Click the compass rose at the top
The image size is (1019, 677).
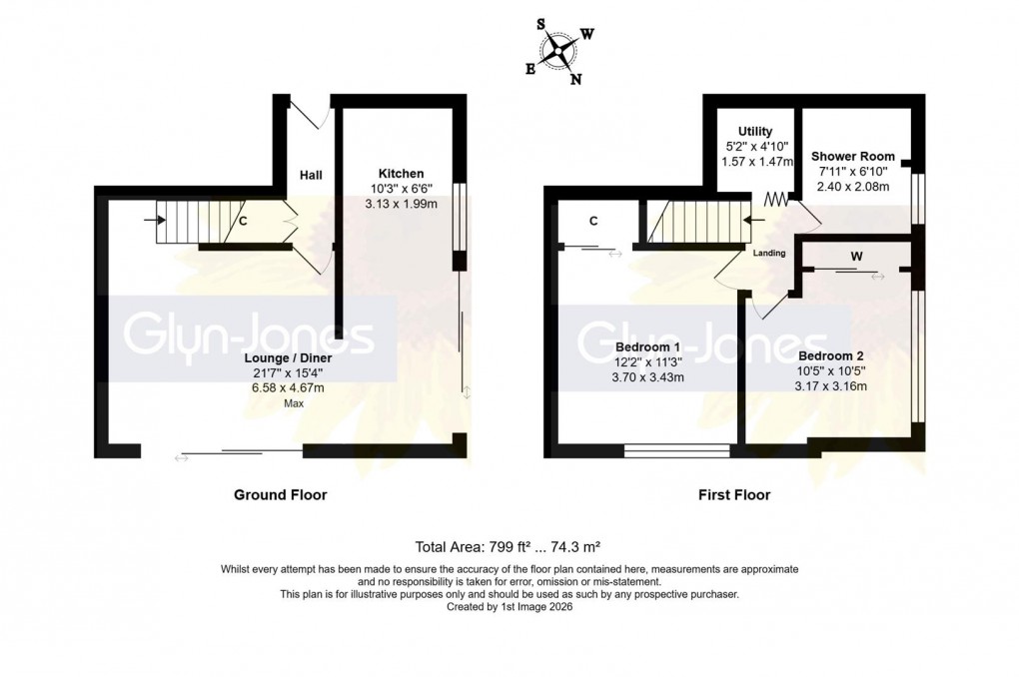point(561,49)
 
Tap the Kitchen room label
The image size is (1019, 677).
point(401,173)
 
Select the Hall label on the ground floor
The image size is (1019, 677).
point(311,176)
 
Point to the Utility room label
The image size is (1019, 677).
point(755,131)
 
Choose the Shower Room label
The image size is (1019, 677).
point(852,156)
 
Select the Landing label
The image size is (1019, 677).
point(769,253)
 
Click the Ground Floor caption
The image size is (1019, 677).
point(280,494)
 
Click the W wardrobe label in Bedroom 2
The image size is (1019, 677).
point(855,256)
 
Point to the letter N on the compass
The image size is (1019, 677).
point(575,81)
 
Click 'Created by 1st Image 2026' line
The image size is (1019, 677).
point(509,606)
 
